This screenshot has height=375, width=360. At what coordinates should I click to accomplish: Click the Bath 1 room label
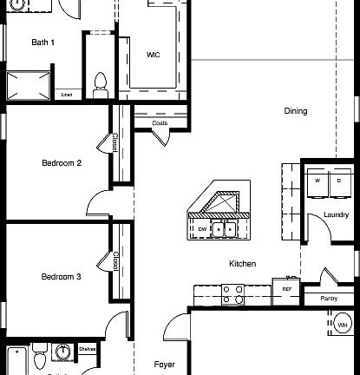click(x=43, y=42)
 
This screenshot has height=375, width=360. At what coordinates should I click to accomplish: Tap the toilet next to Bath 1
click(x=101, y=82)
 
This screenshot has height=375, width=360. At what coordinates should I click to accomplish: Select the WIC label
click(x=153, y=55)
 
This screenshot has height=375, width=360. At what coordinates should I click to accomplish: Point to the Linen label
click(x=67, y=94)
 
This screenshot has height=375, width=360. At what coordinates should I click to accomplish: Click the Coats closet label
click(x=160, y=123)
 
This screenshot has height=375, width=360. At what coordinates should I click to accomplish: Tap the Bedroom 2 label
click(x=62, y=162)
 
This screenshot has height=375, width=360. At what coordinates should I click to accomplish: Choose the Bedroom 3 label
click(x=62, y=277)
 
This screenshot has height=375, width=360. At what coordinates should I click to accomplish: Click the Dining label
click(x=295, y=111)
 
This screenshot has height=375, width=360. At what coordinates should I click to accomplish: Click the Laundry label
click(x=336, y=214)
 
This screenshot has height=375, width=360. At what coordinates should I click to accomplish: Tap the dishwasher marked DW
click(x=202, y=229)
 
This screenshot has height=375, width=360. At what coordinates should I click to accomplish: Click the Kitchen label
click(x=241, y=263)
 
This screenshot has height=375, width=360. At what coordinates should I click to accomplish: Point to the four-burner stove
click(x=233, y=294)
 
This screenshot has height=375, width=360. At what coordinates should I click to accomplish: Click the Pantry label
click(x=329, y=298)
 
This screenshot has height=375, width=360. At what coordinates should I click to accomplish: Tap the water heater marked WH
click(x=343, y=326)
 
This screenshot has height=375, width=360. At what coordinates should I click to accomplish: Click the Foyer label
click(x=165, y=365)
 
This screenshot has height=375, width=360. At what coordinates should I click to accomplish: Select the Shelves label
click(x=87, y=349)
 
